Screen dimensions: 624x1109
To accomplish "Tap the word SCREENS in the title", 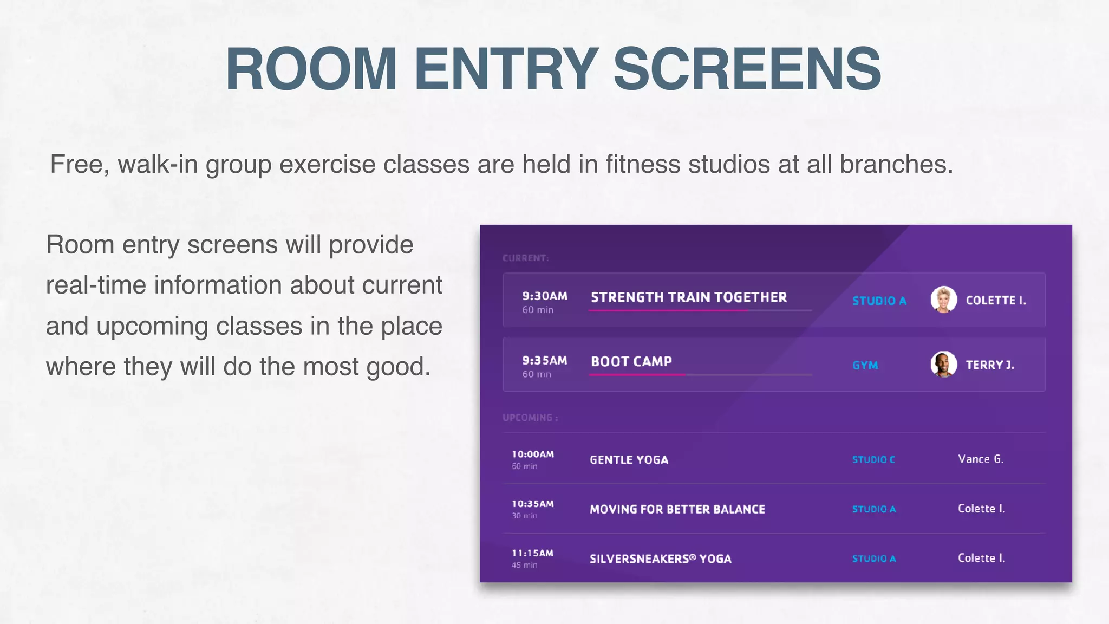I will coord(747,69).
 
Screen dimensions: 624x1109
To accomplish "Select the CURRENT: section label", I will coord(525,258).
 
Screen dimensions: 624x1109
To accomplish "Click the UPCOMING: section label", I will coord(530,418).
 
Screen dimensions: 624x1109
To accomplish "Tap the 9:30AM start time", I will coord(545,296).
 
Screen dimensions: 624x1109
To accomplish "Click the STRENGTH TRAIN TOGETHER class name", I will coord(689,297).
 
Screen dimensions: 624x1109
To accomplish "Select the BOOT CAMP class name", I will coord(631,361).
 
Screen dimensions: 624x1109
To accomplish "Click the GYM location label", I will coord(865,366).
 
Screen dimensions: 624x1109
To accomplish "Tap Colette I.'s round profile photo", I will coord(943,300).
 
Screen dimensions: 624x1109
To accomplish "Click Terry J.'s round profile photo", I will coord(943,364).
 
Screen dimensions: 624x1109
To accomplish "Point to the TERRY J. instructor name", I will coord(990,365).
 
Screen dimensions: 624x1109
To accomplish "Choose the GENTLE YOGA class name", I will coord(629,460).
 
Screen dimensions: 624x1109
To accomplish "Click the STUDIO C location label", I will coord(873,459).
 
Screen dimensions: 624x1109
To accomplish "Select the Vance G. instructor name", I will coord(981,459).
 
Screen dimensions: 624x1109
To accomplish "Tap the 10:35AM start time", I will coord(533,504).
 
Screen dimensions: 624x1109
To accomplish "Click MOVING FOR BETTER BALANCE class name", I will coord(677,509).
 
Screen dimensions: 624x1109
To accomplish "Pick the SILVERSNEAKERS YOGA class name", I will coord(660,558).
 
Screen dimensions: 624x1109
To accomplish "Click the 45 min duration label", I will coord(524,565).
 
